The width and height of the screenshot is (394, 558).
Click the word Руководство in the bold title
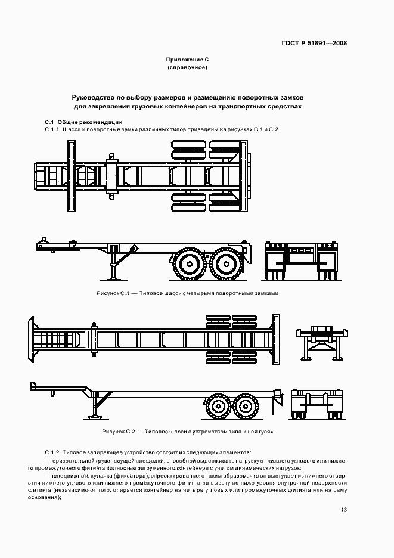93,97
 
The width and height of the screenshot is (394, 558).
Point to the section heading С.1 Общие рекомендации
84,122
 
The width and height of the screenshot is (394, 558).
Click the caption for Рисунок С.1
187,293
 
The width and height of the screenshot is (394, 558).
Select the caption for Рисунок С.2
187,431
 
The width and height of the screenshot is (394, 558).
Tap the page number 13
344,510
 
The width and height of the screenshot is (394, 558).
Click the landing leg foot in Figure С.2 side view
95,419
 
